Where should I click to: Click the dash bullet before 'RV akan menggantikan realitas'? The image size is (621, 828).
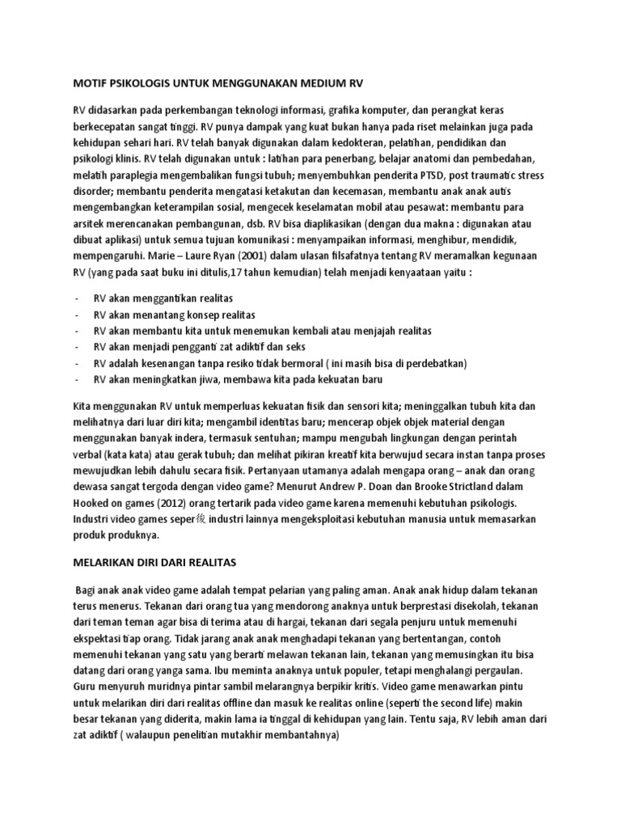click(76, 299)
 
